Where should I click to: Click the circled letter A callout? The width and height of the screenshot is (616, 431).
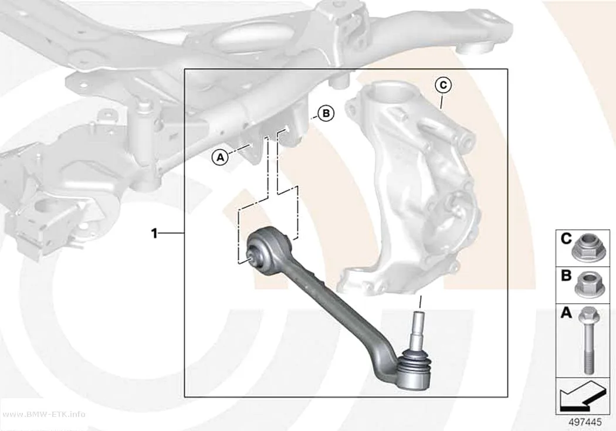(x=220, y=158)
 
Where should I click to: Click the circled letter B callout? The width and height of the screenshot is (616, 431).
(x=326, y=114)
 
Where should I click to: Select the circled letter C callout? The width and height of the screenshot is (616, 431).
(x=443, y=85)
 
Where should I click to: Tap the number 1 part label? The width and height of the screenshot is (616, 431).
(x=154, y=233)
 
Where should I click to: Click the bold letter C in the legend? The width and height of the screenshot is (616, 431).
(x=566, y=238)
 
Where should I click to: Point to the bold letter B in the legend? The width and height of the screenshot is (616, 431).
(x=566, y=276)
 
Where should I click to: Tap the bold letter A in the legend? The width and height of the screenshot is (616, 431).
(x=566, y=313)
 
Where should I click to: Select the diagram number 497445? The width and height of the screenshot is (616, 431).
(x=585, y=422)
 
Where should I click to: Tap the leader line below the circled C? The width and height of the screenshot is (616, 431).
(x=442, y=101)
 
